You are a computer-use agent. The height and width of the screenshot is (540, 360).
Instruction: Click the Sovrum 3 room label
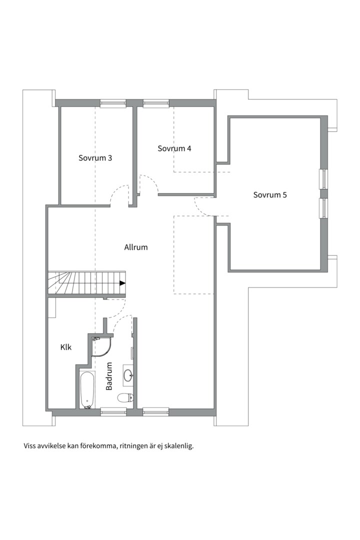(x=95, y=158)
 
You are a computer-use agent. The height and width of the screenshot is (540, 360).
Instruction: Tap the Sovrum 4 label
(x=174, y=148)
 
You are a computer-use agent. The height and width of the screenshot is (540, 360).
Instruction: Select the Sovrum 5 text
(x=270, y=195)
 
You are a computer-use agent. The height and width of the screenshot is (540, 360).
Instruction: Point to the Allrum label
(x=136, y=247)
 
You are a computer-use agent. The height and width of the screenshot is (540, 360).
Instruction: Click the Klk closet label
(x=66, y=347)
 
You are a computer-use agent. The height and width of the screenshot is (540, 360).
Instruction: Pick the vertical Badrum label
(x=109, y=376)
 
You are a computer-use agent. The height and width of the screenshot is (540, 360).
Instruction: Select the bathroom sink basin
(x=128, y=374)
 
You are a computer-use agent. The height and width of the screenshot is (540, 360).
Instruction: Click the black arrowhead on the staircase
(x=122, y=283)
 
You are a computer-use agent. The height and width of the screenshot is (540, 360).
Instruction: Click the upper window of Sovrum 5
(x=324, y=179)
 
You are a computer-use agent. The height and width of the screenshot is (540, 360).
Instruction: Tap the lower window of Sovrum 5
(x=324, y=208)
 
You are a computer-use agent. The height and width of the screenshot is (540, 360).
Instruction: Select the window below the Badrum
(x=113, y=411)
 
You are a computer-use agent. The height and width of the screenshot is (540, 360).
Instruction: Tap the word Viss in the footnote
(x=29, y=446)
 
